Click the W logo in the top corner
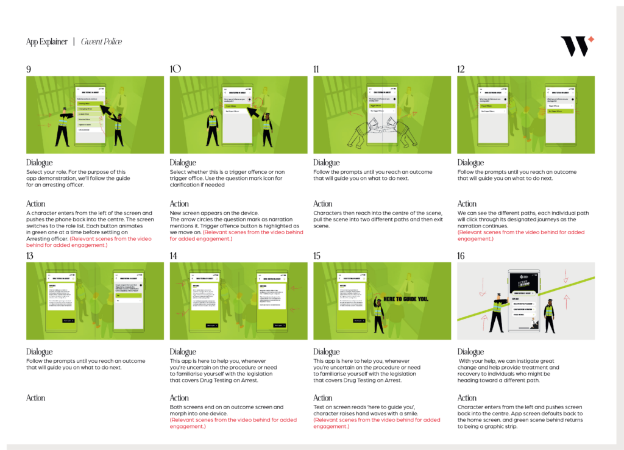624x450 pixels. [576, 46]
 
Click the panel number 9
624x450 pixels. [29, 69]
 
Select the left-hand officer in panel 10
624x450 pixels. [212, 127]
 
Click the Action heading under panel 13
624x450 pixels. [35, 398]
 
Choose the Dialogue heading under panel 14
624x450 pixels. [183, 352]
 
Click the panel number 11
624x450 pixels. [316, 69]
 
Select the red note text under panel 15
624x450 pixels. [377, 423]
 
